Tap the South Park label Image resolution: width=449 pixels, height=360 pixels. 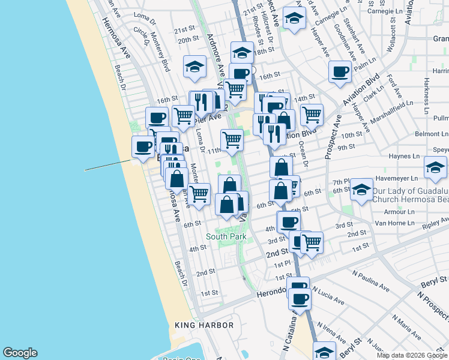pos(226,237)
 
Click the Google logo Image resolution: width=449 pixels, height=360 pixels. pos(20,353)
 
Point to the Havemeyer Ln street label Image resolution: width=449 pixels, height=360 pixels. pos(396,179)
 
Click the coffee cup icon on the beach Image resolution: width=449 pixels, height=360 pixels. pos(143,146)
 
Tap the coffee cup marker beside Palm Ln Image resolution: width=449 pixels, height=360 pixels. pos(340,71)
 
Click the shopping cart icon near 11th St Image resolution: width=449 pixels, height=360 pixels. pos(232,140)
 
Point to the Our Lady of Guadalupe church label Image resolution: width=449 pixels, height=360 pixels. pos(409,195)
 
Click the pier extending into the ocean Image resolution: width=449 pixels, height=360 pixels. pos(108,165)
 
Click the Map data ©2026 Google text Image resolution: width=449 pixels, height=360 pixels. pos(412,355)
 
